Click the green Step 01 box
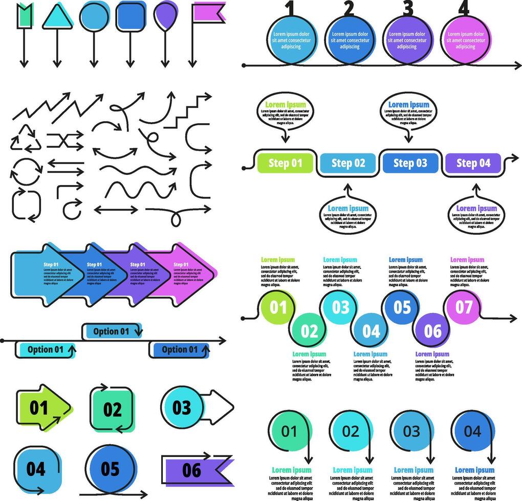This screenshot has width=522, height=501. [285, 163]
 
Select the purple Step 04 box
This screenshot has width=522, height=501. [473, 163]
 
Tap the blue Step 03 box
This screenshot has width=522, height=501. [410, 163]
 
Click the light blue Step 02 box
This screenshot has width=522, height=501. [348, 163]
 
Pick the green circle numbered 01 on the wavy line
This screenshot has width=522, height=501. [278, 307]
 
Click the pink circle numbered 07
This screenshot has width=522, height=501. [464, 307]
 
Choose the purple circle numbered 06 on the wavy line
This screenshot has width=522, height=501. [432, 330]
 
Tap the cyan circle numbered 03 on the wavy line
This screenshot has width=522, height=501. [340, 307]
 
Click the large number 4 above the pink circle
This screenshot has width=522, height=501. [464, 9]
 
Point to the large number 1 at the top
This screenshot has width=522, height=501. [290, 9]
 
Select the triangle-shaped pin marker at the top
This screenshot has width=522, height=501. [57, 17]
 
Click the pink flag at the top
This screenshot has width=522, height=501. [208, 13]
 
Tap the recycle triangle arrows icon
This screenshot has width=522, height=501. [25, 139]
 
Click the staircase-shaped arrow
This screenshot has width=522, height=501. [187, 111]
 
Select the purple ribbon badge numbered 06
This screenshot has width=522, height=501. [194, 469]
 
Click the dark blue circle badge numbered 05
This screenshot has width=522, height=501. [110, 468]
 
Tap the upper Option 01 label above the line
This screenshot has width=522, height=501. [112, 331]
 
